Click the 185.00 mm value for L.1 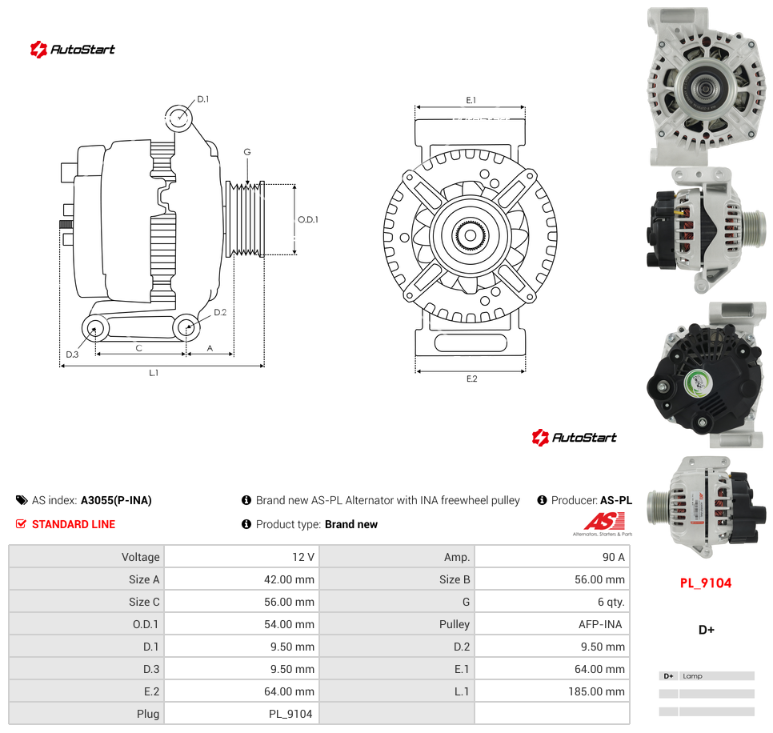pyautogui.click(x=596, y=691)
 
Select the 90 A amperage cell pyautogui.click(x=613, y=557)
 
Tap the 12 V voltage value pyautogui.click(x=302, y=557)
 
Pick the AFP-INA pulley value pyautogui.click(x=600, y=624)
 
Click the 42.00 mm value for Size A pyautogui.click(x=289, y=579)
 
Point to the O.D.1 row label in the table pyautogui.click(x=146, y=624)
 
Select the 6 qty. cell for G pyautogui.click(x=611, y=602)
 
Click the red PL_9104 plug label pyautogui.click(x=706, y=583)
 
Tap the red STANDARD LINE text pyautogui.click(x=74, y=524)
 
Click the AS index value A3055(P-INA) pyautogui.click(x=116, y=500)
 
